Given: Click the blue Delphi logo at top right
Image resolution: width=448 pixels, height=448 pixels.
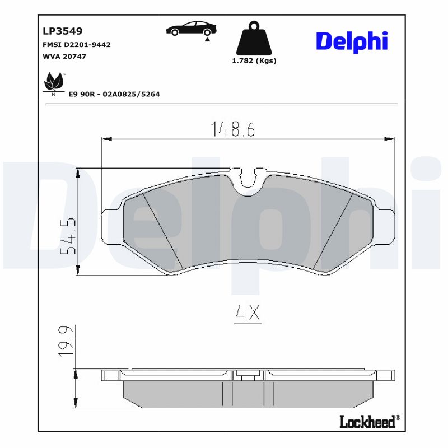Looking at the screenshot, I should point(352,41).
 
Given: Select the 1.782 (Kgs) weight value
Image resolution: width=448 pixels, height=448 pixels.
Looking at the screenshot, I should point(254,61).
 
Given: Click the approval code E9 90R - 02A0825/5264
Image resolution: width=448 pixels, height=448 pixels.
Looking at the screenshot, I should point(114,94).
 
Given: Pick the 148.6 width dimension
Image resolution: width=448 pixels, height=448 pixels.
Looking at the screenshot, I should point(232,129).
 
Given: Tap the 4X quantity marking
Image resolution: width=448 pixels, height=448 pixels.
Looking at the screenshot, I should point(247,314).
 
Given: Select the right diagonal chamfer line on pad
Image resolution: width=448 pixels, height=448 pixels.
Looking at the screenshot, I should point(333,230).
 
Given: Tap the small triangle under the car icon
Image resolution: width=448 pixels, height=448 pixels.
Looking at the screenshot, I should point(207,39).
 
